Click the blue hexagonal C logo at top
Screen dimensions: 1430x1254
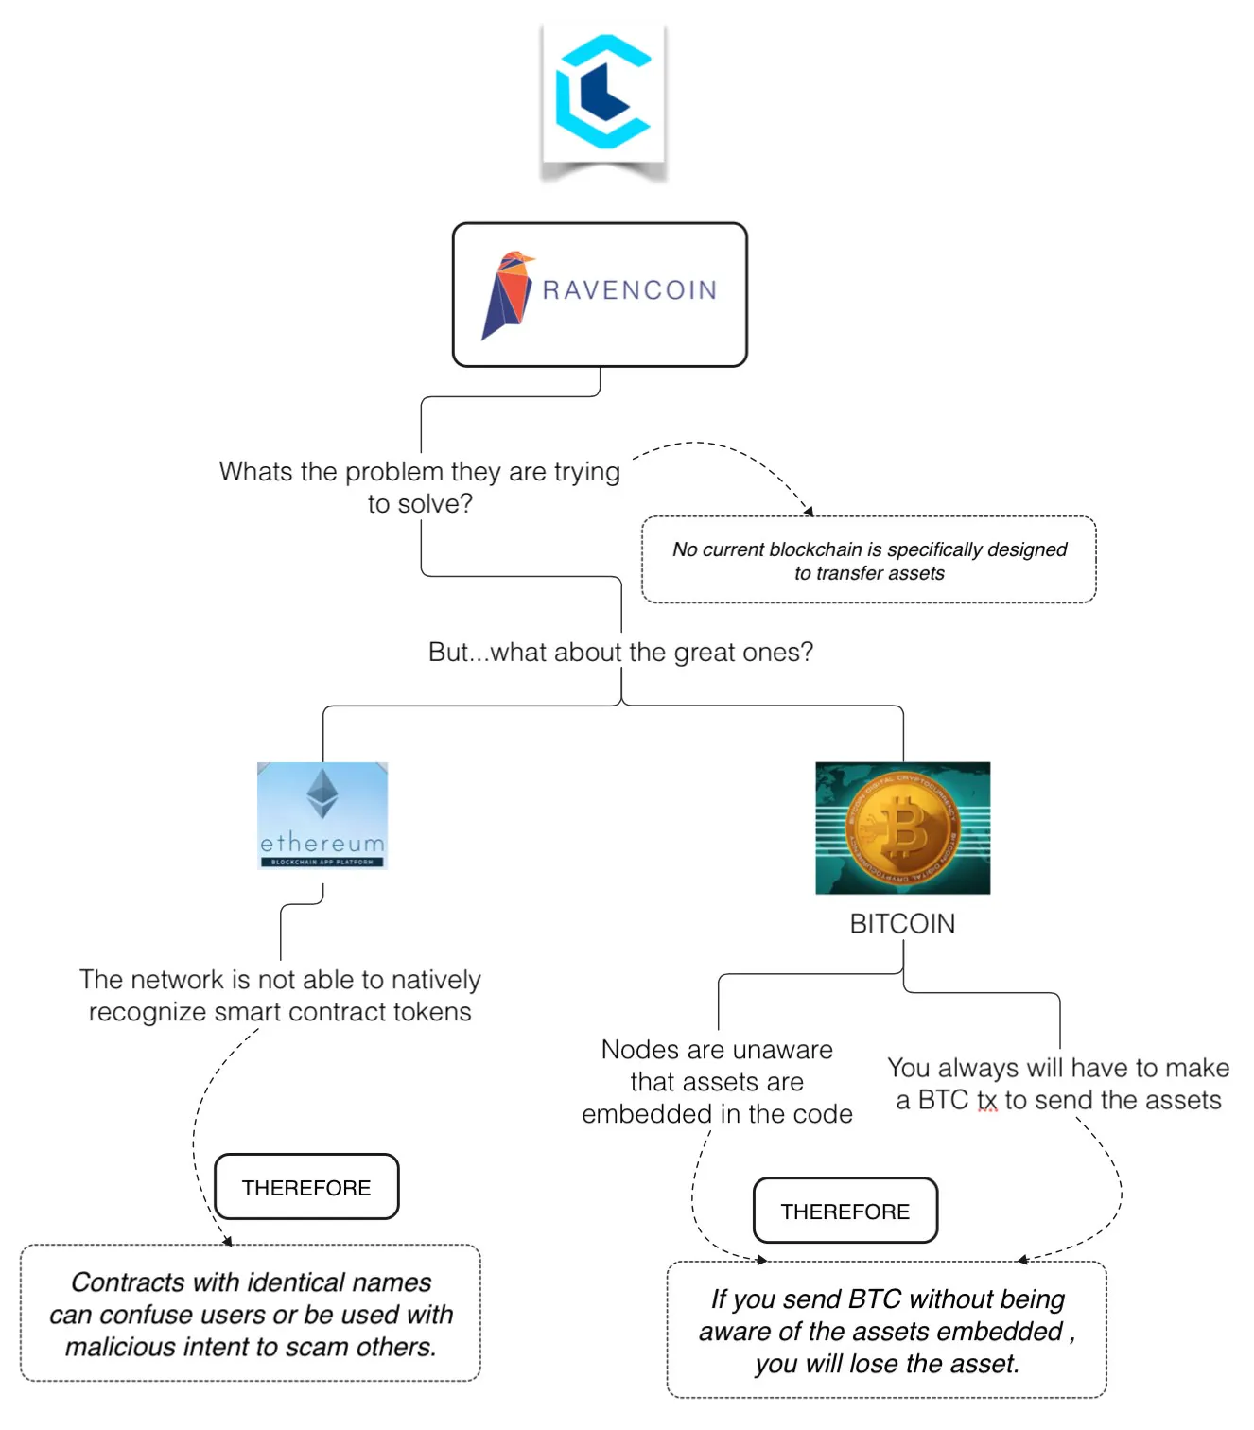pos(602,93)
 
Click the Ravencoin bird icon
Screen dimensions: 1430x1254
pos(507,294)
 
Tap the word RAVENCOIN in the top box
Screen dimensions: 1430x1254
pos(630,290)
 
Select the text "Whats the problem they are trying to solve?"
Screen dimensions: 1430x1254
pos(420,487)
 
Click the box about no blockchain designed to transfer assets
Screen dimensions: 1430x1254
pos(868,560)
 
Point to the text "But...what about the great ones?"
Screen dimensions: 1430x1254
pos(620,653)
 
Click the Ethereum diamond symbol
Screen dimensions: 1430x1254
pos(322,793)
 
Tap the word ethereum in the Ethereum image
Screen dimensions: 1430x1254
pos(322,843)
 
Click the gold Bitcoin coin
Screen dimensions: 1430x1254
pos(902,828)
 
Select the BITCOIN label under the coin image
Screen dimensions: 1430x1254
pos(902,924)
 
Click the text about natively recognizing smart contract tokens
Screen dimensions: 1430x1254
pos(280,996)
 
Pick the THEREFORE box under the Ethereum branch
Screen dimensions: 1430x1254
pos(306,1188)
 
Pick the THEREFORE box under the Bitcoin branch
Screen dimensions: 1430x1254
pos(845,1212)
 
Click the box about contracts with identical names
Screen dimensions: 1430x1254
pos(251,1314)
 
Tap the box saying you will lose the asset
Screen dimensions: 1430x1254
pos(886,1331)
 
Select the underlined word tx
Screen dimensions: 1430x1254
pos(987,1101)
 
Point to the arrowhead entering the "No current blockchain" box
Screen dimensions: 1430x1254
pos(809,512)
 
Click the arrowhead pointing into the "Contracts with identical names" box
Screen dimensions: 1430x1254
pos(227,1241)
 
